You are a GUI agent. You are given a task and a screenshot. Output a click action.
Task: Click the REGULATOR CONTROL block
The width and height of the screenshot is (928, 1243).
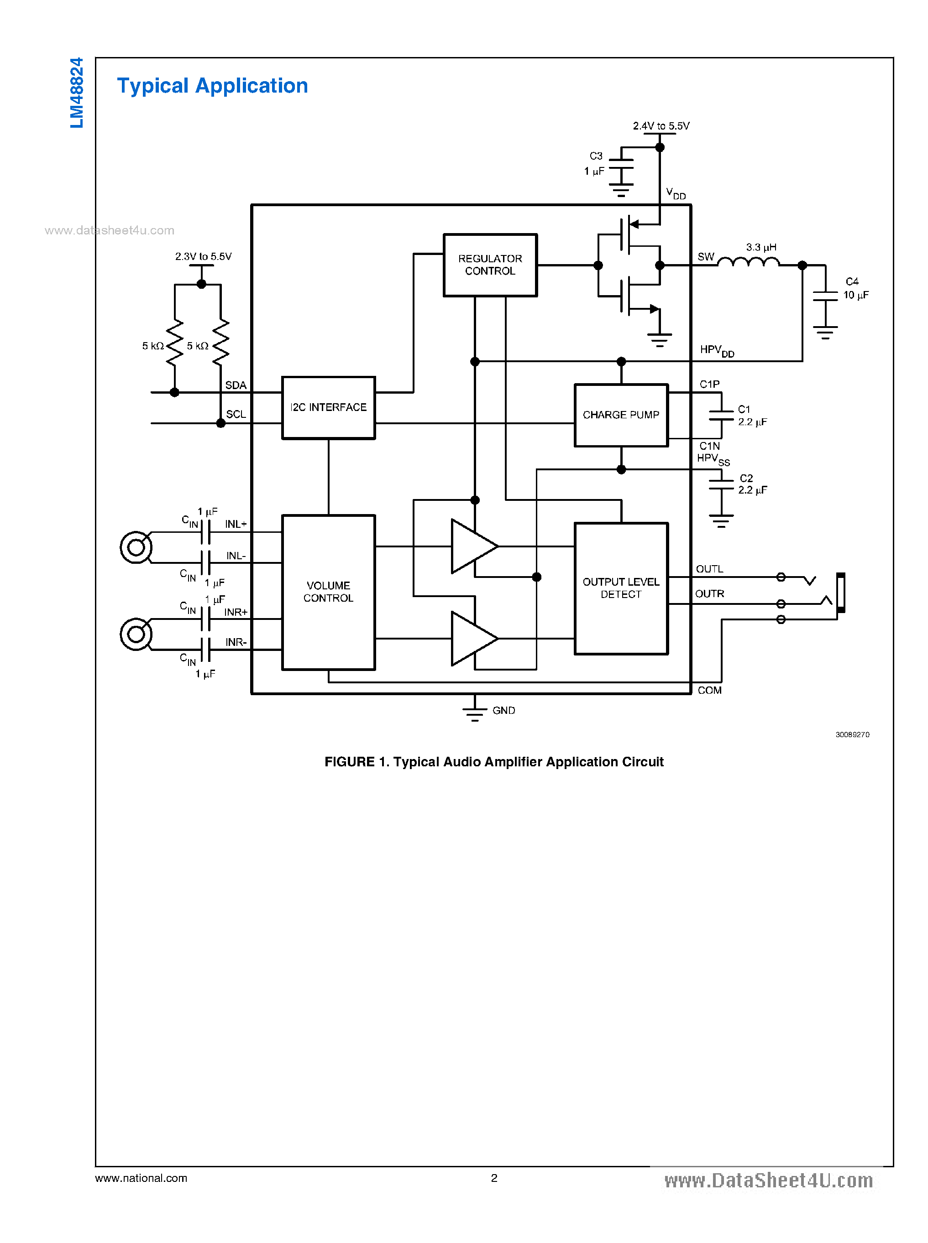(490, 265)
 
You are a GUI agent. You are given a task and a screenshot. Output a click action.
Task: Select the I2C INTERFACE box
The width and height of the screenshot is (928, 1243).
(328, 408)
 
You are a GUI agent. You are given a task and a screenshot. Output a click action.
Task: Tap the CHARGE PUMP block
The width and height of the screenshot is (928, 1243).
(621, 415)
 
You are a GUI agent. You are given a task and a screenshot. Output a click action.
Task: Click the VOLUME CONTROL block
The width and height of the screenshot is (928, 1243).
(328, 592)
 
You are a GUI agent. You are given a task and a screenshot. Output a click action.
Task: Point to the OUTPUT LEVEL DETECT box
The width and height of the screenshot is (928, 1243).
(621, 588)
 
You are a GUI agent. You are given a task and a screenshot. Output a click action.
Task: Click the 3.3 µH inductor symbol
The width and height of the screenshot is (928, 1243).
(748, 262)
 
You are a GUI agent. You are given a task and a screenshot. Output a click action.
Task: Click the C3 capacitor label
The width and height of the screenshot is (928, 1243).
(595, 163)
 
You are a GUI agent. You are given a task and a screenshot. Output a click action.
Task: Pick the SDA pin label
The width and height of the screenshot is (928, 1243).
(236, 385)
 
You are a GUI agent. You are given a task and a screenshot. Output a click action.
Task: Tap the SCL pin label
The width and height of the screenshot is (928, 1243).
(236, 414)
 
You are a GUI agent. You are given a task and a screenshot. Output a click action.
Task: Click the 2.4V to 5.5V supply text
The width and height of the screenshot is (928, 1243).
(661, 126)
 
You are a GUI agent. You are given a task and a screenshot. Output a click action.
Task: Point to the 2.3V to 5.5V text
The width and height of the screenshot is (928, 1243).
(203, 256)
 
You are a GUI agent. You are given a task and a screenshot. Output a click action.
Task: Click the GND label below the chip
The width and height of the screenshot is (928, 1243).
(503, 711)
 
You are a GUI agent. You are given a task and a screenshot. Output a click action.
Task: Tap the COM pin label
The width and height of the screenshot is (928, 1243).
(709, 691)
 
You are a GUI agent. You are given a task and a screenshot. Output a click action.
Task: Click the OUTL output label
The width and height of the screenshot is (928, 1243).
(709, 569)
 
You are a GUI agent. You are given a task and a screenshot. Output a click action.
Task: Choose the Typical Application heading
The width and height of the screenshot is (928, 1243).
(212, 86)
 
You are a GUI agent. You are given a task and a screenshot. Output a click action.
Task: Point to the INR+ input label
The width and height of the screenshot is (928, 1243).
(236, 613)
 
